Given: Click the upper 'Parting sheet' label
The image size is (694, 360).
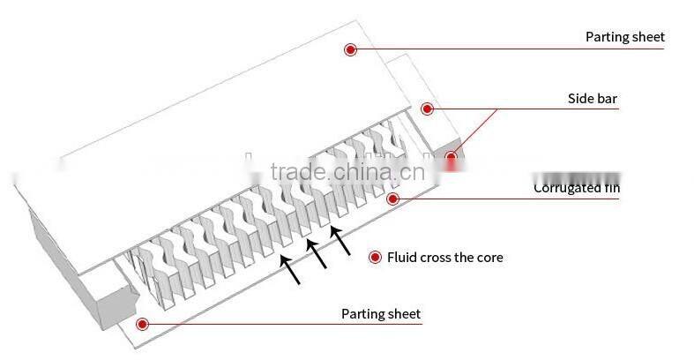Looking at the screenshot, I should pyautogui.click(x=624, y=37).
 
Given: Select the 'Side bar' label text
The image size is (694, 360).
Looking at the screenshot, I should pyautogui.click(x=592, y=99).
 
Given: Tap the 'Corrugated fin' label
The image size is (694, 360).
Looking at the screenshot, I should pyautogui.click(x=577, y=188).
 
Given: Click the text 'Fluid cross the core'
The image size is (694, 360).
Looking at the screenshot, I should pyautogui.click(x=445, y=257).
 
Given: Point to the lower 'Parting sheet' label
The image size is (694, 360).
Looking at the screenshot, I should pyautogui.click(x=381, y=313).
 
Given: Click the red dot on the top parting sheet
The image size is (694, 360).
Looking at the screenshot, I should pyautogui.click(x=350, y=49).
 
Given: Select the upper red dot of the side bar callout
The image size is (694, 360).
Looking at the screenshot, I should pyautogui.click(x=427, y=109).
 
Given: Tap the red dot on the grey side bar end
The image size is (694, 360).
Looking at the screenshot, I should pyautogui.click(x=451, y=158).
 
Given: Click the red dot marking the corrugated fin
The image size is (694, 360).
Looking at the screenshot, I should pyautogui.click(x=393, y=199).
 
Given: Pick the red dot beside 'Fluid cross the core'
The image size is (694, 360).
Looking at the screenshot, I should pyautogui.click(x=374, y=257).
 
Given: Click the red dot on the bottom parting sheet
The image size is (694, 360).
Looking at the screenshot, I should pyautogui.click(x=143, y=324).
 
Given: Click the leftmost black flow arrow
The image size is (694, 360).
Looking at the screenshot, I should pyautogui.click(x=289, y=269).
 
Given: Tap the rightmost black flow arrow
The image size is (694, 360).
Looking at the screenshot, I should pyautogui.click(x=340, y=241).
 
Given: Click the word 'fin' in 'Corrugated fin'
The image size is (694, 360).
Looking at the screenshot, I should pyautogui.click(x=611, y=188).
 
